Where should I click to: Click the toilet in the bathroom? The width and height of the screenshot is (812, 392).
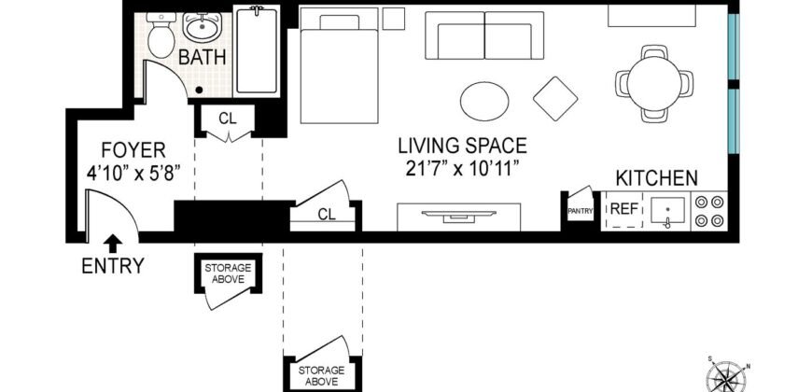[x=160, y=35]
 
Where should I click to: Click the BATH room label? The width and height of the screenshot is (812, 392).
[x=203, y=58]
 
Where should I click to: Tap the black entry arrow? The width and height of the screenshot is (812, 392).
[x=112, y=243]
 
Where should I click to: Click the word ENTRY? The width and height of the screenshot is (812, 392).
[x=112, y=266]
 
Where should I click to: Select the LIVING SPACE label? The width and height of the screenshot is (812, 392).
[x=462, y=147]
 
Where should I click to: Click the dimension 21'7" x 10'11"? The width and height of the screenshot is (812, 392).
[x=462, y=168]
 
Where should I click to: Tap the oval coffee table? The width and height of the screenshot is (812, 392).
[x=486, y=98]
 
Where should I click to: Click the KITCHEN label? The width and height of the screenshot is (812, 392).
[x=656, y=177]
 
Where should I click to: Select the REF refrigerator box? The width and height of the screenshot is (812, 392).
[x=623, y=209]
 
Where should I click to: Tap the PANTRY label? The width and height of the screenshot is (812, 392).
[x=581, y=212]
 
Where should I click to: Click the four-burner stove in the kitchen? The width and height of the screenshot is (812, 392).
[x=711, y=210]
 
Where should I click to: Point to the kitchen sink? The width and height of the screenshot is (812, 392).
[x=668, y=212]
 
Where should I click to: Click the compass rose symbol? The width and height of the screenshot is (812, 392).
[x=727, y=373]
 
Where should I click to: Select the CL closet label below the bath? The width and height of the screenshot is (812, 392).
[x=227, y=119]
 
